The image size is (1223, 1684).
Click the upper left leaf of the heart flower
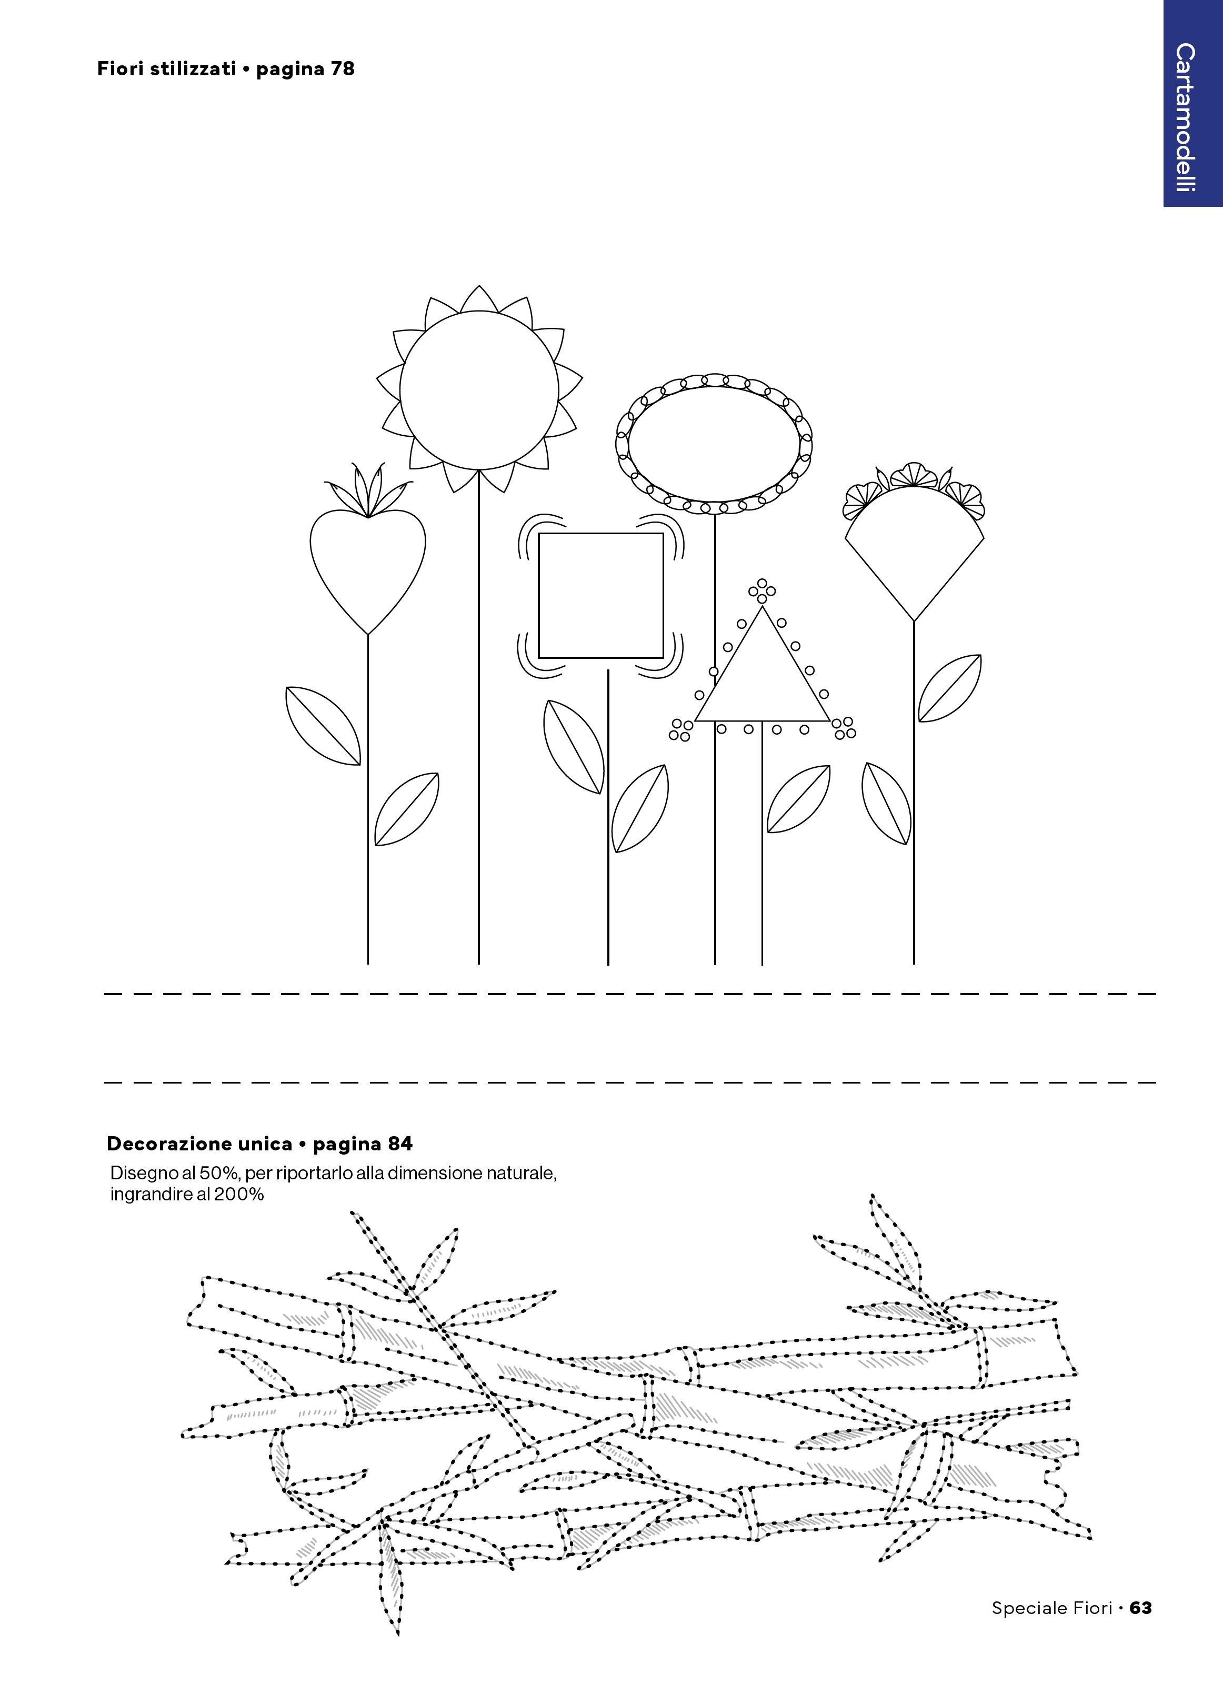[323, 725]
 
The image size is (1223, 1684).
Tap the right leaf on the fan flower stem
[950, 688]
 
